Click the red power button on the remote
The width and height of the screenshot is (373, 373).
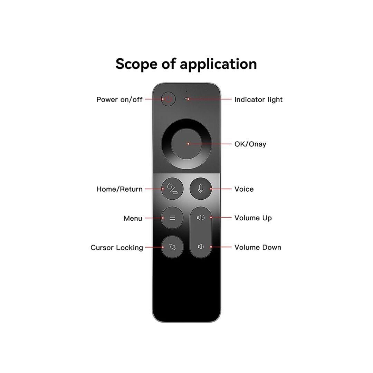(x=168, y=99)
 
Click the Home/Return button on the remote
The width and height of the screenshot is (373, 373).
(x=172, y=189)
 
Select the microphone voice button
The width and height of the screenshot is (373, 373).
(x=201, y=189)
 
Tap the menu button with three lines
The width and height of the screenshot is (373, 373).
(x=172, y=218)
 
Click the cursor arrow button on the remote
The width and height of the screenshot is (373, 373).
(x=172, y=247)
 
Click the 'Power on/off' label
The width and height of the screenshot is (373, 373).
(x=119, y=99)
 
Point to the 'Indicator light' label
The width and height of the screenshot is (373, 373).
(x=259, y=99)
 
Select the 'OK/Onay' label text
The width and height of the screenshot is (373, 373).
(x=250, y=144)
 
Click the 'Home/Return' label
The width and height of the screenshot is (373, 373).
(x=119, y=189)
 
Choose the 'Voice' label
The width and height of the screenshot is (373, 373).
(x=244, y=189)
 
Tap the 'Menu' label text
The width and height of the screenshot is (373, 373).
(x=133, y=218)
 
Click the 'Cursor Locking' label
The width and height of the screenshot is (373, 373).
(x=117, y=248)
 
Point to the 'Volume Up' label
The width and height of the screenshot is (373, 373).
(x=253, y=218)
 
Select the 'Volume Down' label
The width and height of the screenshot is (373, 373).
(x=258, y=247)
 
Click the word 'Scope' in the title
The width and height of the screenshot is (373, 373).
(x=136, y=64)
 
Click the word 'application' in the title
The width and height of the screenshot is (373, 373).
(x=218, y=65)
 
